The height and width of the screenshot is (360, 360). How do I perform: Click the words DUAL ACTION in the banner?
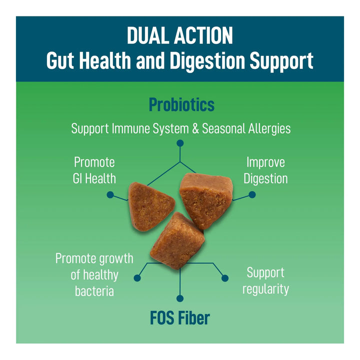click(x=180, y=35)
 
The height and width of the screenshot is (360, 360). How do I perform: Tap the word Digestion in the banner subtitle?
click(x=207, y=61)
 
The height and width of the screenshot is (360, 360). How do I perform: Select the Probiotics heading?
click(x=181, y=104)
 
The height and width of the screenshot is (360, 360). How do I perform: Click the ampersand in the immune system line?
click(x=195, y=128)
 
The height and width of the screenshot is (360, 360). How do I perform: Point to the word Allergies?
click(x=269, y=129)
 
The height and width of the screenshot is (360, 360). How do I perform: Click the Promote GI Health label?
click(x=94, y=170)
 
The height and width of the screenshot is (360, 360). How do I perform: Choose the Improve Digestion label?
click(x=265, y=170)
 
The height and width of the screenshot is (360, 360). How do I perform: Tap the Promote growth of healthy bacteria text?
click(x=94, y=274)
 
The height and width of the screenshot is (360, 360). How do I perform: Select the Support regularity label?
click(x=265, y=280)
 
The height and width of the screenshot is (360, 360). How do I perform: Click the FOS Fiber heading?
click(x=180, y=318)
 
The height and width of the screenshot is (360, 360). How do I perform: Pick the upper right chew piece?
click(x=206, y=200)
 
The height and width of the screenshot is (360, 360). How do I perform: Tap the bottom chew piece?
click(x=177, y=240)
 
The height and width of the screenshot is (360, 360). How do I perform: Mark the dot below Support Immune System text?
click(x=180, y=143)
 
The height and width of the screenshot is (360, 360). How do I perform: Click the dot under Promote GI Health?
click(x=110, y=194)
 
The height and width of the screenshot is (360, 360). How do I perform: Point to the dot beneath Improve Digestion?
click(x=252, y=194)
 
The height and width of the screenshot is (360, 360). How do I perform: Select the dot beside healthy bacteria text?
click(x=137, y=278)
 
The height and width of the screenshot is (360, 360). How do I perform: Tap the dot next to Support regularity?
click(x=225, y=278)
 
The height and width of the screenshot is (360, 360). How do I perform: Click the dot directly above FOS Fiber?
click(x=180, y=298)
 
